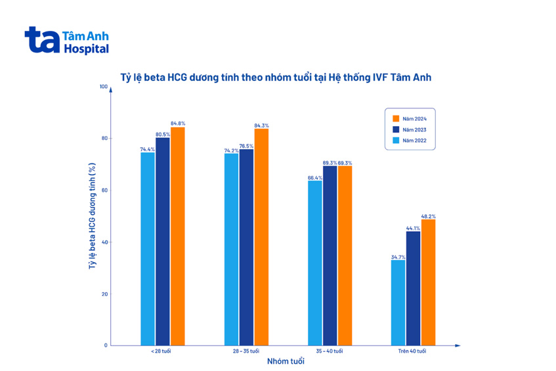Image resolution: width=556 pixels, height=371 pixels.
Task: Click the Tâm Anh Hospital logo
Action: (66, 40)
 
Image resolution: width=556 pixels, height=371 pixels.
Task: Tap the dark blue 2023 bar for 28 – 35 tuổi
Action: (246, 247)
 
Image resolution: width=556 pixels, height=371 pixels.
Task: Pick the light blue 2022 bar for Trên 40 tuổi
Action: (398, 302)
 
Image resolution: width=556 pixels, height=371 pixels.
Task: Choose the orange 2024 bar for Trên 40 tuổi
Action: (428, 282)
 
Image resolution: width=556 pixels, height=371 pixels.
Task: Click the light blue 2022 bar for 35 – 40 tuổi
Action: (315, 263)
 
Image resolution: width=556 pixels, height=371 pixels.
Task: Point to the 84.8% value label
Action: (178, 123)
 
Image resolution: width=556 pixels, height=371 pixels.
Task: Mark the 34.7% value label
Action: (398, 257)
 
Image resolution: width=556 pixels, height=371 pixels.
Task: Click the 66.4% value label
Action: (315, 177)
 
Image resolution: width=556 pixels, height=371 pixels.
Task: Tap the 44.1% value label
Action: (413, 228)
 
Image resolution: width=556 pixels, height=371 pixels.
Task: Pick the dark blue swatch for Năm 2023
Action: (396, 130)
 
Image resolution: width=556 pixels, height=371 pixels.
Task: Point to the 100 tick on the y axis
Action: (102, 87)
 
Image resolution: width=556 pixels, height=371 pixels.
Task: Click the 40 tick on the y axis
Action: (104, 242)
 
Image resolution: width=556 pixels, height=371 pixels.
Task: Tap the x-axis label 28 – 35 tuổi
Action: (246, 351)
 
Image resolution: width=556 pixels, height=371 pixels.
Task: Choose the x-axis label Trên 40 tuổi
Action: (412, 351)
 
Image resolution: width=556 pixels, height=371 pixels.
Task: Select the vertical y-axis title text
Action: (91, 217)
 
